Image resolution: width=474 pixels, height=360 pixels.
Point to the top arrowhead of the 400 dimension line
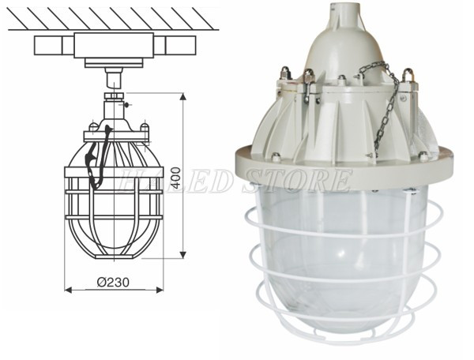click(183, 97)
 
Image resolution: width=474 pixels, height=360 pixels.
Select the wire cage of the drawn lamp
click(115, 213)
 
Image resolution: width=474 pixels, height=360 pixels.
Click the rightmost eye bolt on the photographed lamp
click(409, 79)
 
